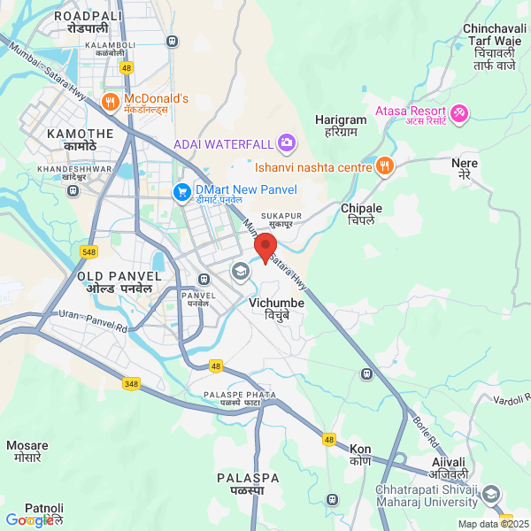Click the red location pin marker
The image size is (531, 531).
click(x=265, y=247)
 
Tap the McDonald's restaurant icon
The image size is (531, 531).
click(x=111, y=102)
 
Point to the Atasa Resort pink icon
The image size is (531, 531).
click(x=459, y=113)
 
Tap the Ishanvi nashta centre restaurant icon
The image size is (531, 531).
click(x=384, y=165)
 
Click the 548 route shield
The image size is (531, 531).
click(x=88, y=252)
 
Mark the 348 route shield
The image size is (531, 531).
click(x=131, y=382)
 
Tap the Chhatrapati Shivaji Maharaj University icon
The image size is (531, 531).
click(x=491, y=493)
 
